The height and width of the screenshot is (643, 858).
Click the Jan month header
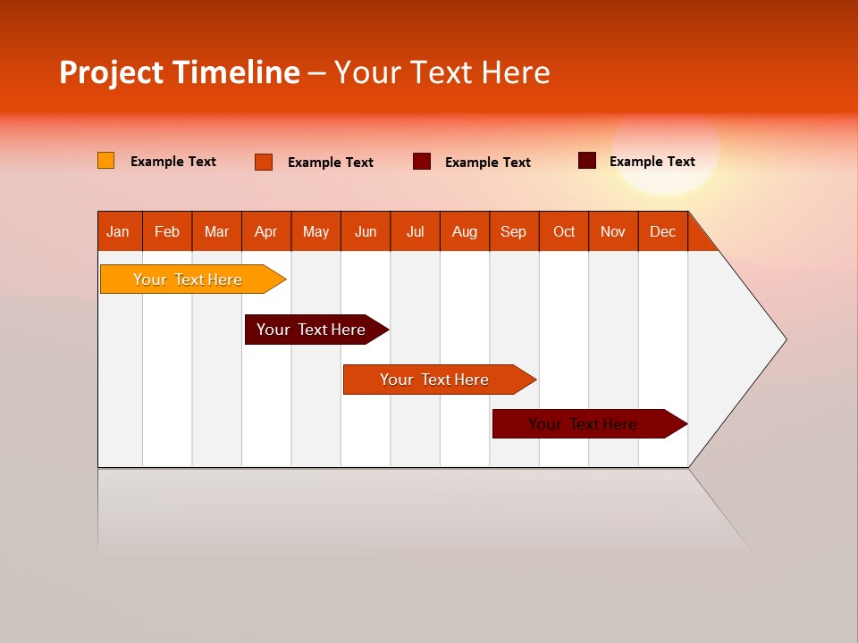(x=118, y=231)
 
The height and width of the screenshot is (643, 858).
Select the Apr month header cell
(x=265, y=231)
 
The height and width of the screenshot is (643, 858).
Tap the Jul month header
(x=415, y=231)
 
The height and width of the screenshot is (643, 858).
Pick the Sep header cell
(x=513, y=231)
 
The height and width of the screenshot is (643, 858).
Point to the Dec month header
(x=662, y=231)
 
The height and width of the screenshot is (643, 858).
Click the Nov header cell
(x=612, y=231)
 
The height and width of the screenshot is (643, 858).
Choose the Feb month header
(x=167, y=231)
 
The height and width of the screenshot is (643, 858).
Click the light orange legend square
(x=105, y=161)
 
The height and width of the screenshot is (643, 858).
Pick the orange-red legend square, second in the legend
(x=264, y=162)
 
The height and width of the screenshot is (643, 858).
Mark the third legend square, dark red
(x=422, y=162)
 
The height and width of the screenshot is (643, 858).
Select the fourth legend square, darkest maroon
(x=587, y=161)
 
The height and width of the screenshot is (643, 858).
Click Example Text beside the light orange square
(x=173, y=162)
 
